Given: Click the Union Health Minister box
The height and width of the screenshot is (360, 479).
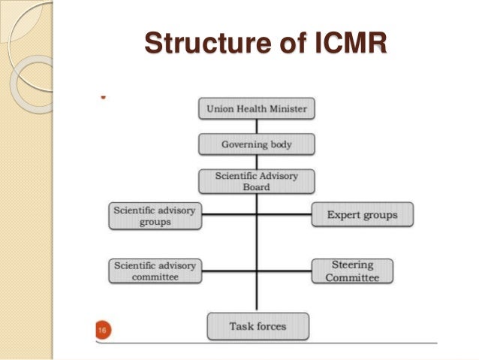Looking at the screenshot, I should coord(257,109).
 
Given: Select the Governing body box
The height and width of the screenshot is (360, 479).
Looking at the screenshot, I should coord(257,144).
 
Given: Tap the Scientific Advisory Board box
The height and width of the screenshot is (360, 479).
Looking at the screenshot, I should coord(257,181).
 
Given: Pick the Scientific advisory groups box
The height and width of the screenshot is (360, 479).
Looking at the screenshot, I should coord(155,215).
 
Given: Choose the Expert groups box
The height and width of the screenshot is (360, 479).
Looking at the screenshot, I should coord(362,215).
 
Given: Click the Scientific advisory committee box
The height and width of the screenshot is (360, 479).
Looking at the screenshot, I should coord(155,271).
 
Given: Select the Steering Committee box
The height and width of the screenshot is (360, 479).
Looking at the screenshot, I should coord(352,271).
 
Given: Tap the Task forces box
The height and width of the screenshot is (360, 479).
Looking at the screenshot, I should coord(258,326).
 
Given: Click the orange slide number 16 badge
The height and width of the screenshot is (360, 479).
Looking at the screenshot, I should coord(101,329).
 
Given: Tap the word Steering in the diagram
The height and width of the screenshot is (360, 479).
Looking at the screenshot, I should coord(352,265).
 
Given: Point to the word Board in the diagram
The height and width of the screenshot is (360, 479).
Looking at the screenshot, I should coord(257,187).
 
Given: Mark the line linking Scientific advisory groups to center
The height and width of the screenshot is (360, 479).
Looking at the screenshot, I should coord(229,215).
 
